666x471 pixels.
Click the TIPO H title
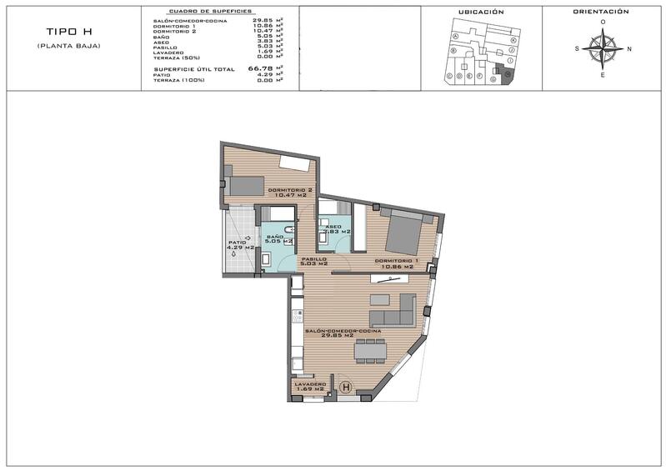68,32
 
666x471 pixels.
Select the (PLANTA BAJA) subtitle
68,45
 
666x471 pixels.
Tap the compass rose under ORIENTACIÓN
603,48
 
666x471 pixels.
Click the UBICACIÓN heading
481,13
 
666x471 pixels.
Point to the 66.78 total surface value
261,70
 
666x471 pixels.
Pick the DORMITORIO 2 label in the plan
290,193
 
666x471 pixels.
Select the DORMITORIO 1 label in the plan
397,262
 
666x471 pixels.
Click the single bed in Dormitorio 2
245,186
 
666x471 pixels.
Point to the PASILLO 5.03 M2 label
313,261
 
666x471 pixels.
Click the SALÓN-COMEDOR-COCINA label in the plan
343,333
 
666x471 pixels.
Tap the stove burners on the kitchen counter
296,318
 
